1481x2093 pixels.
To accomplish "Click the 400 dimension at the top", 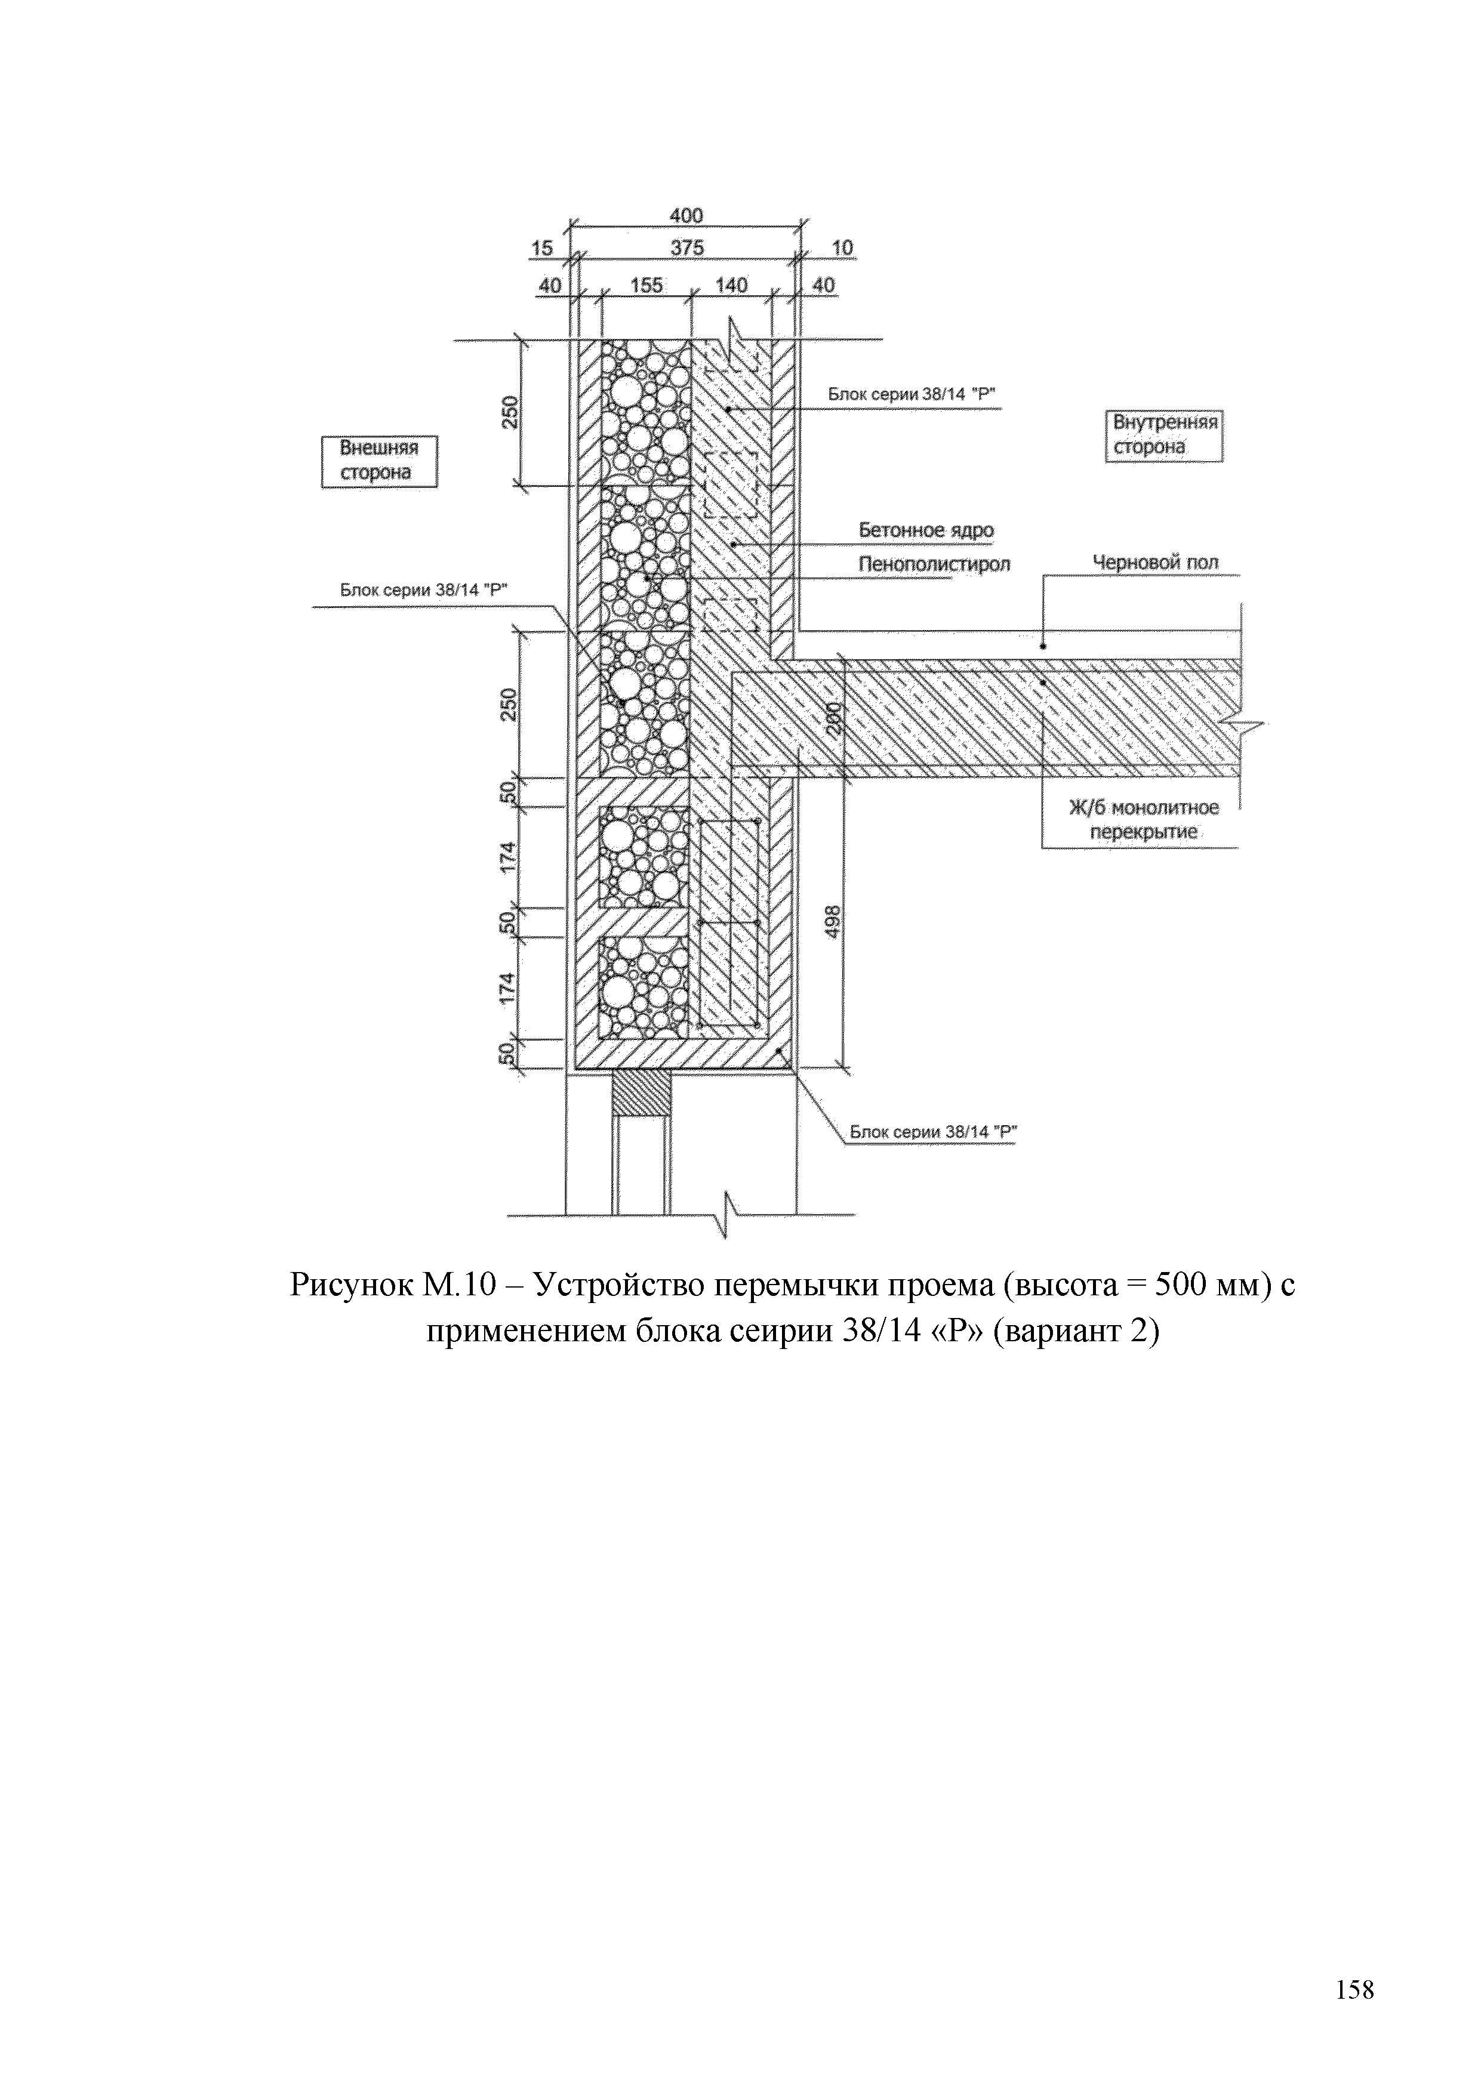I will [686, 216].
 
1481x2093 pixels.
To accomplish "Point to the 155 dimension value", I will [646, 285].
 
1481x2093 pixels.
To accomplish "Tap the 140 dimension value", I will [731, 285].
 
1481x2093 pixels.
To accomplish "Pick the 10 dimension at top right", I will [842, 248].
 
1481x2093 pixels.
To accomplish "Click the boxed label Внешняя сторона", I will [378, 461].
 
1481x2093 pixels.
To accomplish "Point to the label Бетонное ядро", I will [926, 530].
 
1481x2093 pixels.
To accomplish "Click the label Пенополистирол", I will [934, 565].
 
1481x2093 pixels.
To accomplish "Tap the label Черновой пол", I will [1156, 563].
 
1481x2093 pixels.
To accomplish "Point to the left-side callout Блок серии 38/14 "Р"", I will [423, 590].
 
